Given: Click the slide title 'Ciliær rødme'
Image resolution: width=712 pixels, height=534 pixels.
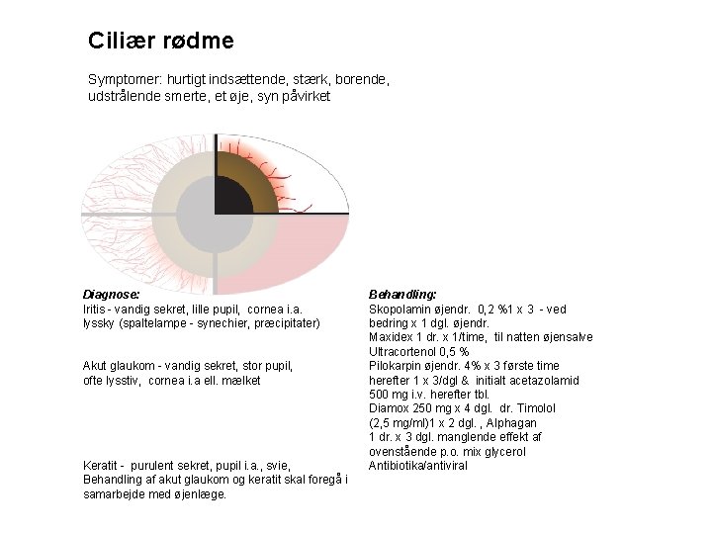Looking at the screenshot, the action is (x=161, y=42).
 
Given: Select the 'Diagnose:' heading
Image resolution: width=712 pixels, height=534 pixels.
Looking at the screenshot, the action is (x=111, y=294).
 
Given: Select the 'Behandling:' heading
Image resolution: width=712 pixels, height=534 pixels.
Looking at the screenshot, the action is (x=402, y=294).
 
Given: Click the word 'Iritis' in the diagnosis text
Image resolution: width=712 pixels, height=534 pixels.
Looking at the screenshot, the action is (x=97, y=309).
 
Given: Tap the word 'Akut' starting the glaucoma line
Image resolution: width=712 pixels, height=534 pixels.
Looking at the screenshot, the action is (x=96, y=365).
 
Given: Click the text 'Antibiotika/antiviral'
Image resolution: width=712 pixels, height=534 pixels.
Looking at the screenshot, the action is (x=417, y=465).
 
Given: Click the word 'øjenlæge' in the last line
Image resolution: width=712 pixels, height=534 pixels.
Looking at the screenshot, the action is (x=200, y=493).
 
